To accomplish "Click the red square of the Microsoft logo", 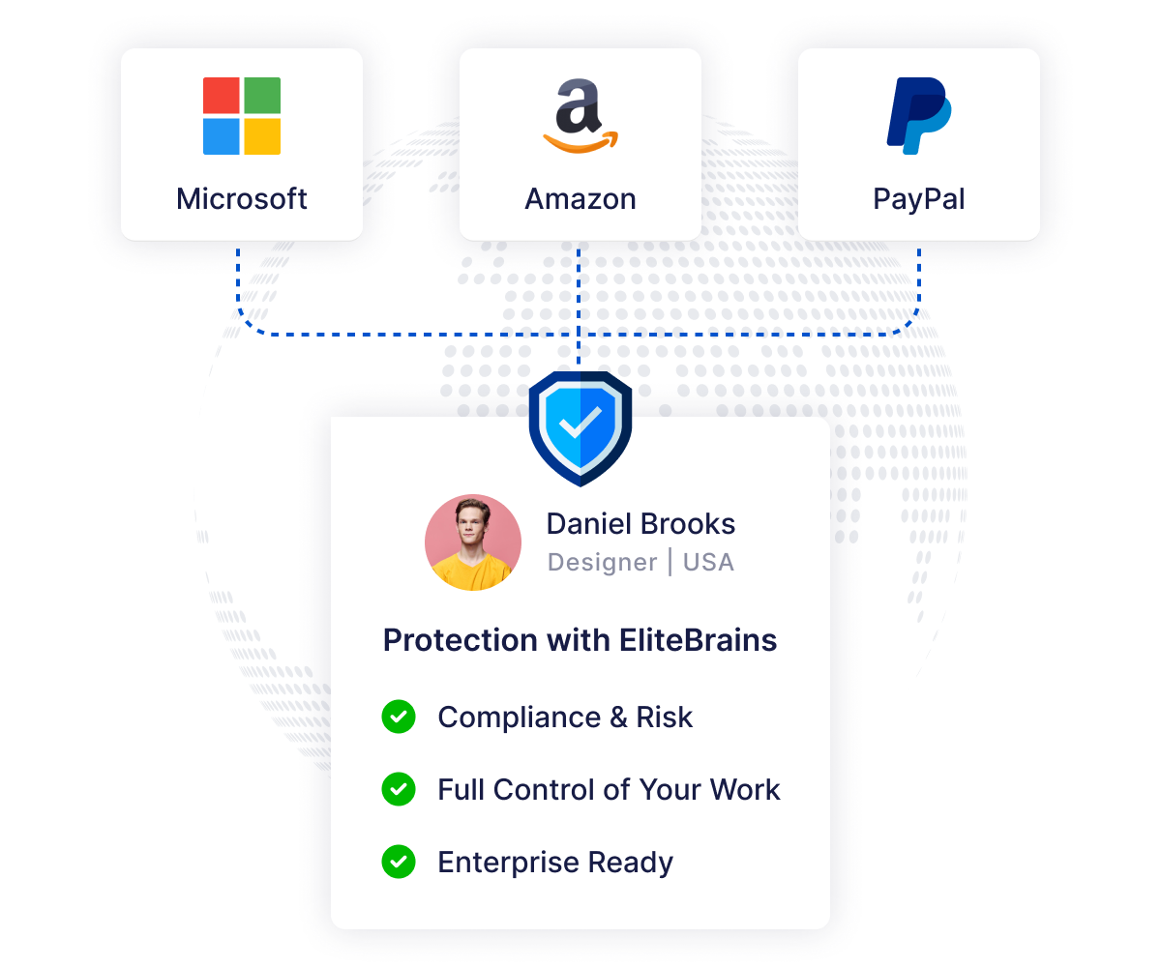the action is (222, 96).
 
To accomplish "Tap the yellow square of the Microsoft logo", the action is (262, 136).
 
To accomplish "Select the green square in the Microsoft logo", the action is (262, 96).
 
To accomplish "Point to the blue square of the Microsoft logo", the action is (222, 136).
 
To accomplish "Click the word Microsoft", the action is (242, 199).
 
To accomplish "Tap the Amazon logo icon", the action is (580, 116).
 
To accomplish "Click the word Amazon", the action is (580, 199).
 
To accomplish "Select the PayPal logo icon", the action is (918, 116).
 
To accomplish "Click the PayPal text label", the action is (919, 199).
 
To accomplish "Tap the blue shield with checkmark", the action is (580, 428).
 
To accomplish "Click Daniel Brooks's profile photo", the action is (473, 542).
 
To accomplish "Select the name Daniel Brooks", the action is (640, 523).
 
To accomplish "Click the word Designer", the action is (602, 563).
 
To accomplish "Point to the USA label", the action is (708, 563).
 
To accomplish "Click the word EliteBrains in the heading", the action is (698, 639).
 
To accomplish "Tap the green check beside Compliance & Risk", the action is (399, 717).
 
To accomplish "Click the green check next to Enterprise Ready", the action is (399, 862).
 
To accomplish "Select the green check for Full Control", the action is (399, 789).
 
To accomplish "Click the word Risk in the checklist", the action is (665, 717).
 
